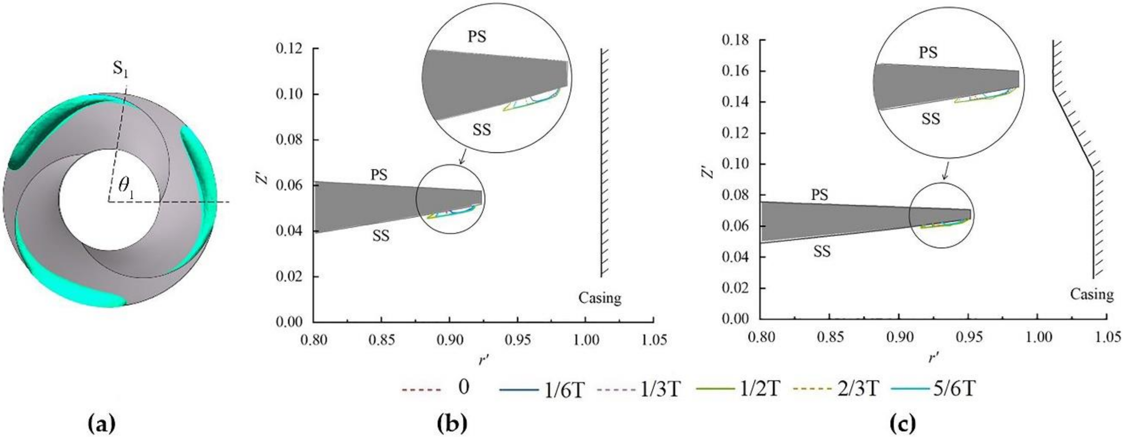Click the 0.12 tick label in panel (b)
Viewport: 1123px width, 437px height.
point(289,48)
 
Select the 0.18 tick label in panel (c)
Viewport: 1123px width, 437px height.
point(735,40)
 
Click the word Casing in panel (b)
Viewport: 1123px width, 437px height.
point(599,298)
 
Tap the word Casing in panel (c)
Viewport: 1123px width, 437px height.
point(1091,294)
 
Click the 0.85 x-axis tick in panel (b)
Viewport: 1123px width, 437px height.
point(381,339)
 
